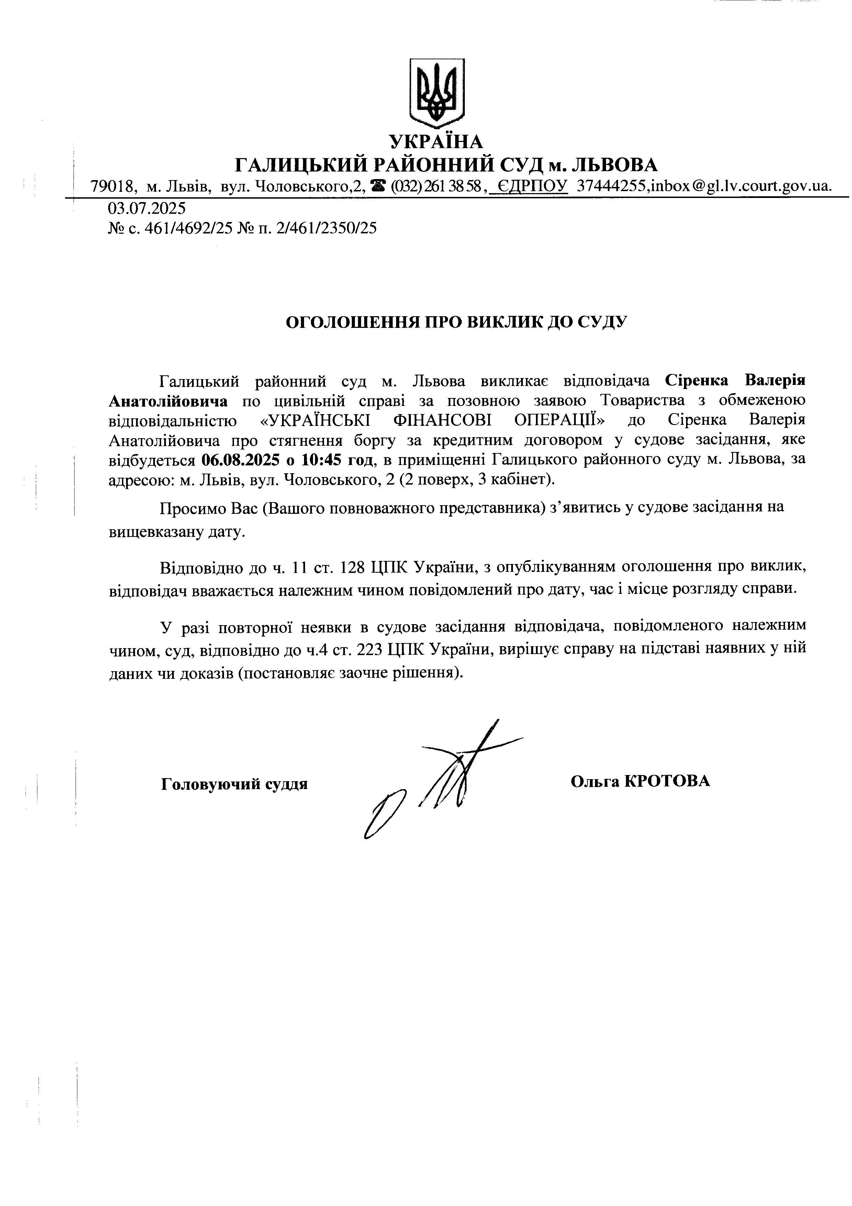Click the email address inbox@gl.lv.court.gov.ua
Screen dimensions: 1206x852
click(741, 187)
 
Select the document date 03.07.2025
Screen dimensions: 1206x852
click(147, 209)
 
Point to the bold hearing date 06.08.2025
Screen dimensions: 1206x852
click(240, 460)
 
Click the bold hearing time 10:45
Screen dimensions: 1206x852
click(322, 460)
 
